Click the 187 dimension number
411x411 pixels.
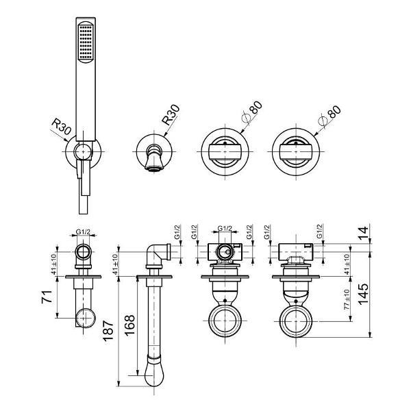pos(108,331)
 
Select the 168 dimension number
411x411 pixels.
pos(129,325)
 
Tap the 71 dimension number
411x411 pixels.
pos(47,297)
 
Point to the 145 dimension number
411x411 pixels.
pos(363,294)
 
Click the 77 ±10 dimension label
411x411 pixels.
pos(347,299)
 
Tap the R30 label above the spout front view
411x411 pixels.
pos(171,114)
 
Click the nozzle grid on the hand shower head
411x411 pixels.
pos(86,42)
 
